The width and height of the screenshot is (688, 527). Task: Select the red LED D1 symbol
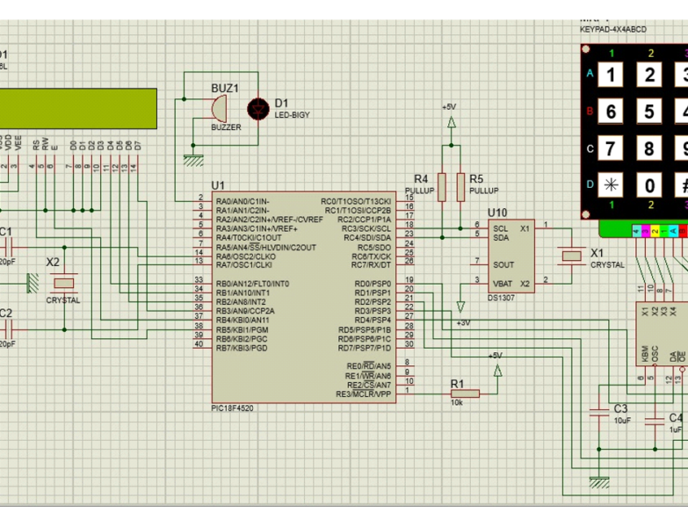(x=257, y=109)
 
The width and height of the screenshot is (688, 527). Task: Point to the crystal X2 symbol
(x=63, y=282)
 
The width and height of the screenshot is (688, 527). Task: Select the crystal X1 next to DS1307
(x=573, y=255)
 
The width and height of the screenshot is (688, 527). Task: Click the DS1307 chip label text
(x=500, y=297)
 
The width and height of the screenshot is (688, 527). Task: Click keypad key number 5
(x=649, y=112)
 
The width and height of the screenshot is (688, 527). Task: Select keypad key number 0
(x=649, y=185)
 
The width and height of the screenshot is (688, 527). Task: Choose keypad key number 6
(x=611, y=112)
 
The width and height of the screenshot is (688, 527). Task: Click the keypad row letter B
(x=590, y=112)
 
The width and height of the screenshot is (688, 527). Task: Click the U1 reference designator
(x=218, y=185)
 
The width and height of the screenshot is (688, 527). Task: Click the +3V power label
(x=463, y=322)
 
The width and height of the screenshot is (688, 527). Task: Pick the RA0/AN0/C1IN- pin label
(x=242, y=201)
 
